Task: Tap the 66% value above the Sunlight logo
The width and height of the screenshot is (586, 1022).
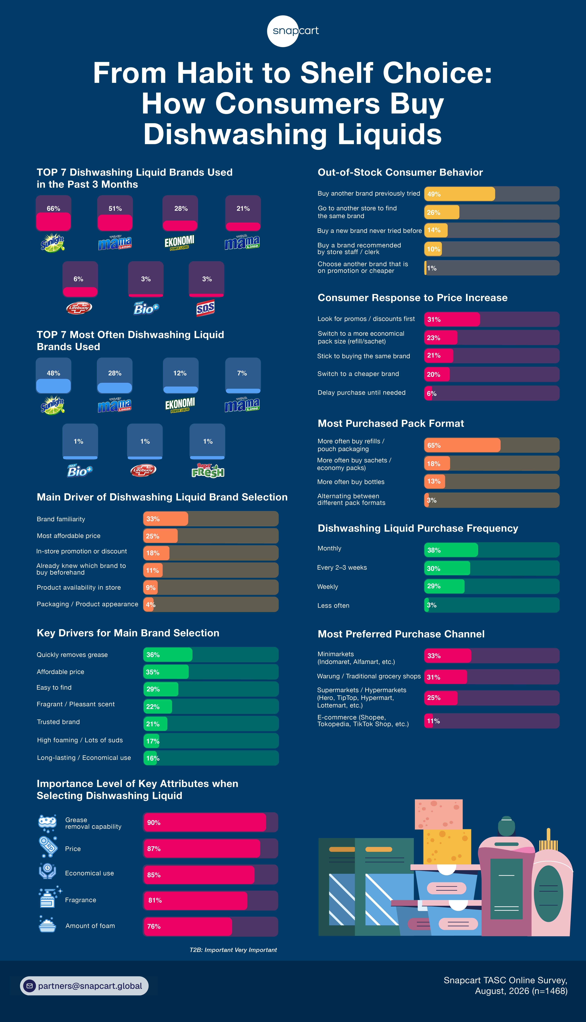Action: click(54, 208)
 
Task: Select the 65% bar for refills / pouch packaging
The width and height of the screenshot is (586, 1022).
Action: click(462, 445)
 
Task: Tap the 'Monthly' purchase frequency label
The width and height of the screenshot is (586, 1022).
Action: click(329, 548)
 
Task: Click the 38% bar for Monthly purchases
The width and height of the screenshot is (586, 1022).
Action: click(451, 550)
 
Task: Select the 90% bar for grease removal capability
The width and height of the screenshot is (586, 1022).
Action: click(204, 822)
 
